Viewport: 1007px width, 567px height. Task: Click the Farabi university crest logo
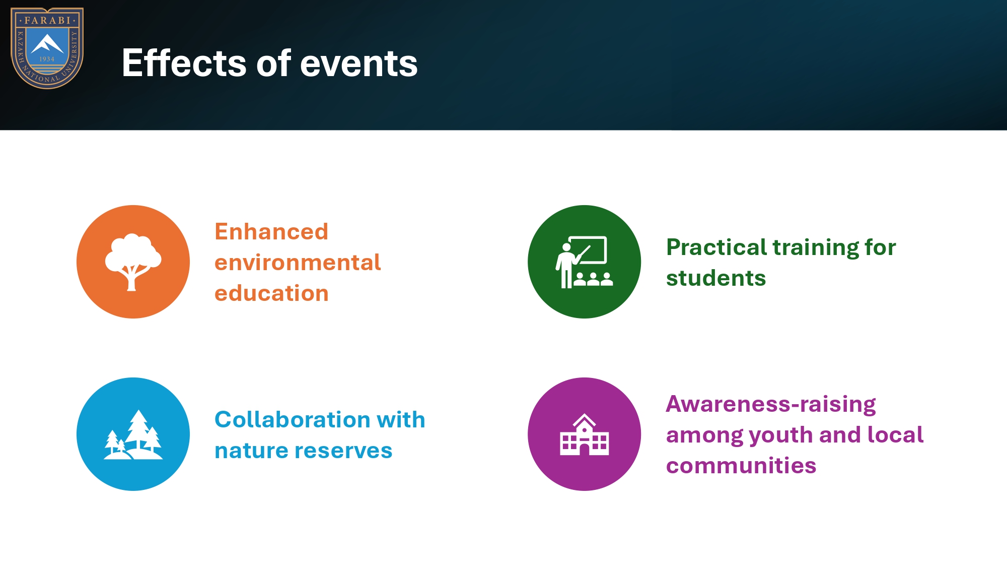tap(47, 48)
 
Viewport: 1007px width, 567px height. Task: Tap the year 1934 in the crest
tap(47, 59)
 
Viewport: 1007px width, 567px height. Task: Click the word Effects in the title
tap(184, 63)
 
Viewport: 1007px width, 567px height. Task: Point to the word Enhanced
tap(271, 231)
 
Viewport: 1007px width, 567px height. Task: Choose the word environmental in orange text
tap(298, 263)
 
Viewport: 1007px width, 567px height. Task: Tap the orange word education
tap(271, 293)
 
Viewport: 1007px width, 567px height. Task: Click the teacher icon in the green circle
tap(584, 262)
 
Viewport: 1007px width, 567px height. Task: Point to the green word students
tap(716, 278)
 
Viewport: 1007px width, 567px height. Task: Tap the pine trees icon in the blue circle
tap(133, 434)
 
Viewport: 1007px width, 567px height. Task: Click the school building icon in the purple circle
tap(584, 434)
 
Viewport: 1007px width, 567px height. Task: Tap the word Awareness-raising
tap(771, 404)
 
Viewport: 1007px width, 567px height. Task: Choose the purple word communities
tap(741, 466)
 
